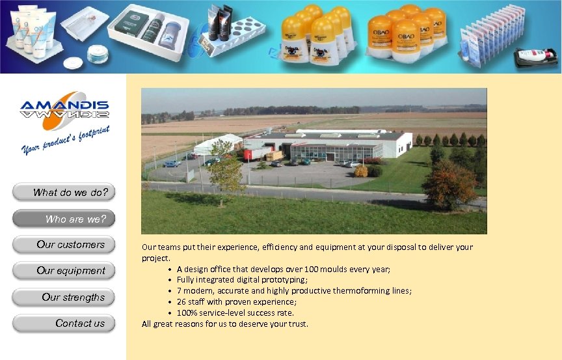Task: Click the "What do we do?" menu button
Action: click(x=64, y=192)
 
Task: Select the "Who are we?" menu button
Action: click(x=64, y=219)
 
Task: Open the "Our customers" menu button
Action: click(x=64, y=245)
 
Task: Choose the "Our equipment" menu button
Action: click(x=64, y=271)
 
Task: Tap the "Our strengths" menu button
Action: click(x=64, y=298)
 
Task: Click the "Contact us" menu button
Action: click(x=64, y=324)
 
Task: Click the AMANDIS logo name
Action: click(x=64, y=106)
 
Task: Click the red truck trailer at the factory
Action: click(x=256, y=153)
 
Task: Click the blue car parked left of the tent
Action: click(x=172, y=163)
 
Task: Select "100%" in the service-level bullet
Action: click(x=187, y=313)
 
